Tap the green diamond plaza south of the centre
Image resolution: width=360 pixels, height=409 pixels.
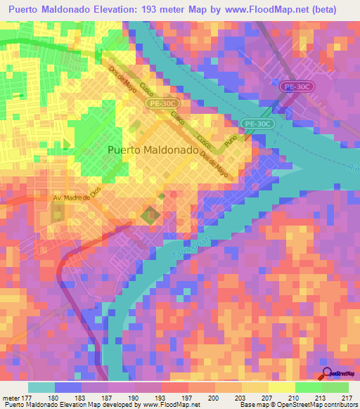[149, 216]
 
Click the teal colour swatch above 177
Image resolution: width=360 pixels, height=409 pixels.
[41, 387]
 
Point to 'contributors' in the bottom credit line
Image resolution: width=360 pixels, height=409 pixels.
[337, 405]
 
